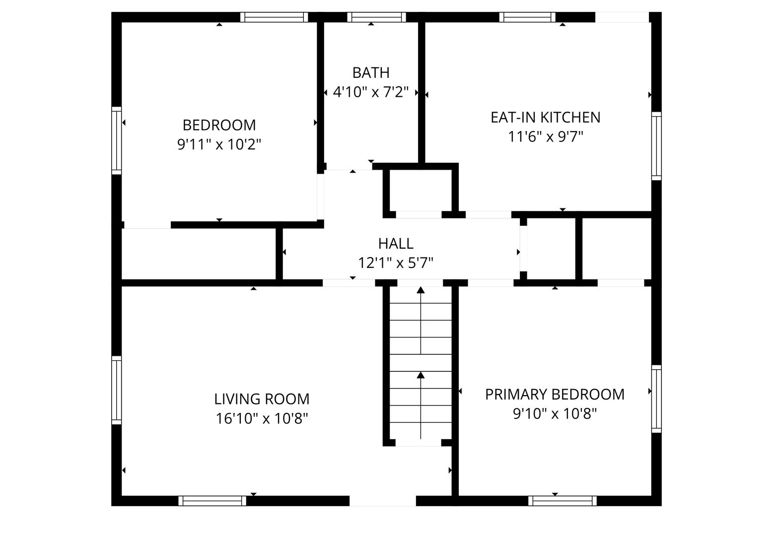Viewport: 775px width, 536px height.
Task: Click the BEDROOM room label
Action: coord(219,125)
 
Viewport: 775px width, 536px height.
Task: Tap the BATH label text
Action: coord(371,73)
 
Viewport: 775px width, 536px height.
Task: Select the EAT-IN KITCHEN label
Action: coord(545,118)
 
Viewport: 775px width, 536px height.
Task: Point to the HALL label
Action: coord(396,244)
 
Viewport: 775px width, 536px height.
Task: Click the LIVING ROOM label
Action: coord(262,400)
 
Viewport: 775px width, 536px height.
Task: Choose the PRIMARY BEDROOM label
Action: coord(555,395)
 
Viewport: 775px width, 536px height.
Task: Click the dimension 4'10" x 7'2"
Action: coord(371,92)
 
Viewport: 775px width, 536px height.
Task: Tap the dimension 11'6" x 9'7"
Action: coord(545,137)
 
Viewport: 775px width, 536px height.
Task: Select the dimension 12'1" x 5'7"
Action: coord(396,263)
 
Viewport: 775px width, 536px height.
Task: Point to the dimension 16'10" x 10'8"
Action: coord(262,419)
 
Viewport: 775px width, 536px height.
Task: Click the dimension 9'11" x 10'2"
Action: coord(219,144)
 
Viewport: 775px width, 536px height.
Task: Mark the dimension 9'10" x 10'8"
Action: coord(555,414)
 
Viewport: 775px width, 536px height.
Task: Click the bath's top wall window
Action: coord(376,17)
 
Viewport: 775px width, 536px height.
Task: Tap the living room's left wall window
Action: coord(117,390)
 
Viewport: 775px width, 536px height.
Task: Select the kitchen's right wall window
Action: coord(656,146)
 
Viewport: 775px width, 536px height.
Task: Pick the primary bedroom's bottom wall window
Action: coord(562,501)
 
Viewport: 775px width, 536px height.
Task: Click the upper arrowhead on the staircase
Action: coord(421,290)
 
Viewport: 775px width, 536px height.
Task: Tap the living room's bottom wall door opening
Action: coord(382,501)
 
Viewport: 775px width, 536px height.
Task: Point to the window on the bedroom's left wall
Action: coord(117,140)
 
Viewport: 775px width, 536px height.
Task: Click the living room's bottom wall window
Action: coord(212,501)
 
